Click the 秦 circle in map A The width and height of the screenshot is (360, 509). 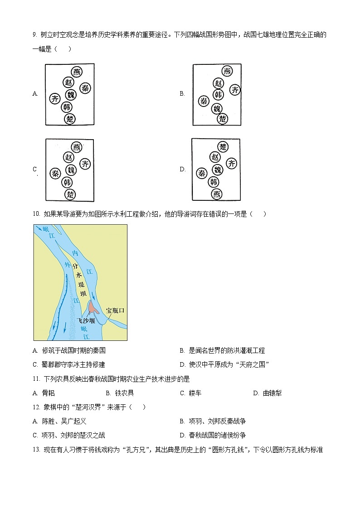85,88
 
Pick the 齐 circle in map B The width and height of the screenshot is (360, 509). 235,90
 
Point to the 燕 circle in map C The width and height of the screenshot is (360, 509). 78,147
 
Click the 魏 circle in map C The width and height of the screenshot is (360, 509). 71,170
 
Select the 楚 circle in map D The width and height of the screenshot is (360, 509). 223,147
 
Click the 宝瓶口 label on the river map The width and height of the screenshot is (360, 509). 115,310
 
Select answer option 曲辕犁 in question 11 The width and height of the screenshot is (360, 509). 272,393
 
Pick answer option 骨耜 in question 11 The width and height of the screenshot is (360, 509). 48,393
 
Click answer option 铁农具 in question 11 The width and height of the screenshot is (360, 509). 125,393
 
